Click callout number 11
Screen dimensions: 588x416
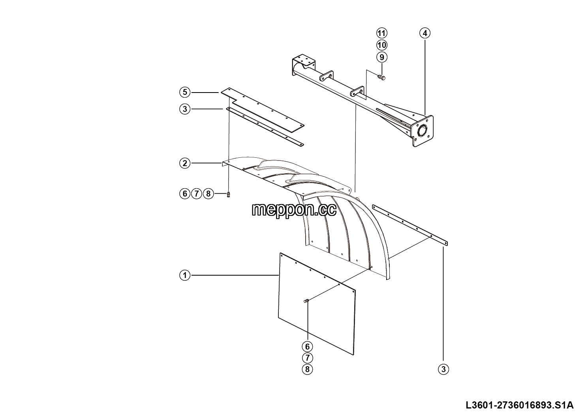382,33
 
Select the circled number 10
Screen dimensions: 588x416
382,45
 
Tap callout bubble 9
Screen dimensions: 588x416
382,57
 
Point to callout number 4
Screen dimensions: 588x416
425,33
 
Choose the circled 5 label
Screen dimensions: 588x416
185,93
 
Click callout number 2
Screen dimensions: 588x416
185,163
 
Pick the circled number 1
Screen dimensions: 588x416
185,275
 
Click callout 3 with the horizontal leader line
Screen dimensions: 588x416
185,109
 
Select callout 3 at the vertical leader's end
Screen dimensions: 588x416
443,369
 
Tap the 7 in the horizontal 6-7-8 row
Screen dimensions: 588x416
197,194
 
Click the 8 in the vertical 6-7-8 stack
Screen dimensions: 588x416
307,369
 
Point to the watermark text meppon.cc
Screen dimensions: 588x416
294,210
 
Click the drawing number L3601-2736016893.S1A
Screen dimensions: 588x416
520,405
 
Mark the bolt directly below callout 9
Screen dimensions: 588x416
381,77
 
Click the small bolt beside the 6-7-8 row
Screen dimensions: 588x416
228,195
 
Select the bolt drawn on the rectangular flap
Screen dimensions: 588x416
306,301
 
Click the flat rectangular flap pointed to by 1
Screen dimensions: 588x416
317,304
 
